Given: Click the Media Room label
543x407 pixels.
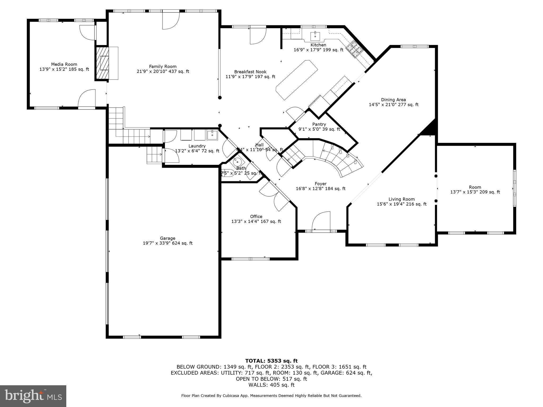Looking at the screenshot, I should [64, 64].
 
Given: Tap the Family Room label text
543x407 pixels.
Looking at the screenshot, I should [163, 67].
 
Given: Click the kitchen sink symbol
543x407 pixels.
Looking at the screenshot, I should [315, 36].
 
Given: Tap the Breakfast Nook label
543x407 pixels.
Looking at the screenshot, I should [250, 72].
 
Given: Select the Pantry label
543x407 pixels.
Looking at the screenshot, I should [319, 124].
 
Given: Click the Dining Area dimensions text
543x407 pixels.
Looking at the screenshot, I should [393, 105].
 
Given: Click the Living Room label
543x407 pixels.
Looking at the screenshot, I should [401, 199].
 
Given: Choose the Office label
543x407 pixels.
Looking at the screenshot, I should [256, 216].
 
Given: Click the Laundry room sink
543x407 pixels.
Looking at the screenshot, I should [212, 135].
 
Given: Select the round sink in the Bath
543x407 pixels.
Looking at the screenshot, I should [237, 161].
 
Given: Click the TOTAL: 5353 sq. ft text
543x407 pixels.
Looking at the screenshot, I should [271, 361].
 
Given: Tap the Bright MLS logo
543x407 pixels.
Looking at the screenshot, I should [33, 396].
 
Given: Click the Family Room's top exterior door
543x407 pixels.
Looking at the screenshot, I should [170, 21].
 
